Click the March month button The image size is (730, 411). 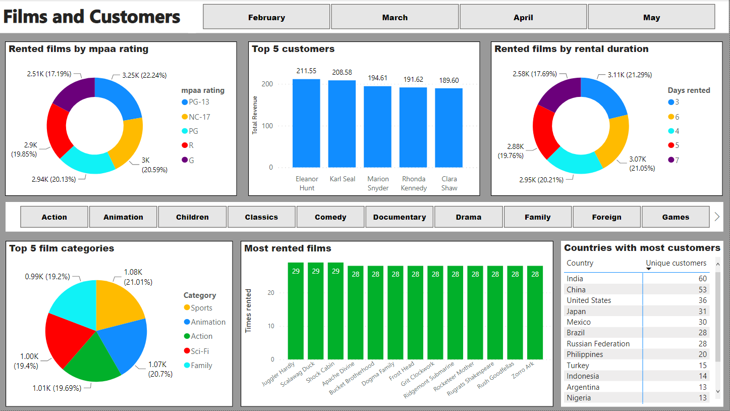pyautogui.click(x=395, y=17)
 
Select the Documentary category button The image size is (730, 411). pyautogui.click(x=400, y=217)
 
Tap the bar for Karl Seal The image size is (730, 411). pyautogui.click(x=342, y=124)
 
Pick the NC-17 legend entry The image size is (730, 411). pyautogui.click(x=199, y=117)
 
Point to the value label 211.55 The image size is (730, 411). pyautogui.click(x=307, y=71)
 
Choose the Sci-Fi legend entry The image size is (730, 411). pyautogui.click(x=199, y=351)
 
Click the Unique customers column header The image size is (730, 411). pyautogui.click(x=676, y=263)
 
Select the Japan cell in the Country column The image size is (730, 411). pyautogui.click(x=576, y=311)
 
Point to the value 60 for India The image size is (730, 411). pyautogui.click(x=702, y=279)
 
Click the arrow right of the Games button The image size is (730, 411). pyautogui.click(x=717, y=217)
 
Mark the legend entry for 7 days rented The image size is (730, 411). pyautogui.click(x=677, y=160)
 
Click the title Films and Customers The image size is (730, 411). pyautogui.click(x=92, y=17)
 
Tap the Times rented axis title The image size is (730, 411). pyautogui.click(x=248, y=311)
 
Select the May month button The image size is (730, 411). pyautogui.click(x=651, y=17)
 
